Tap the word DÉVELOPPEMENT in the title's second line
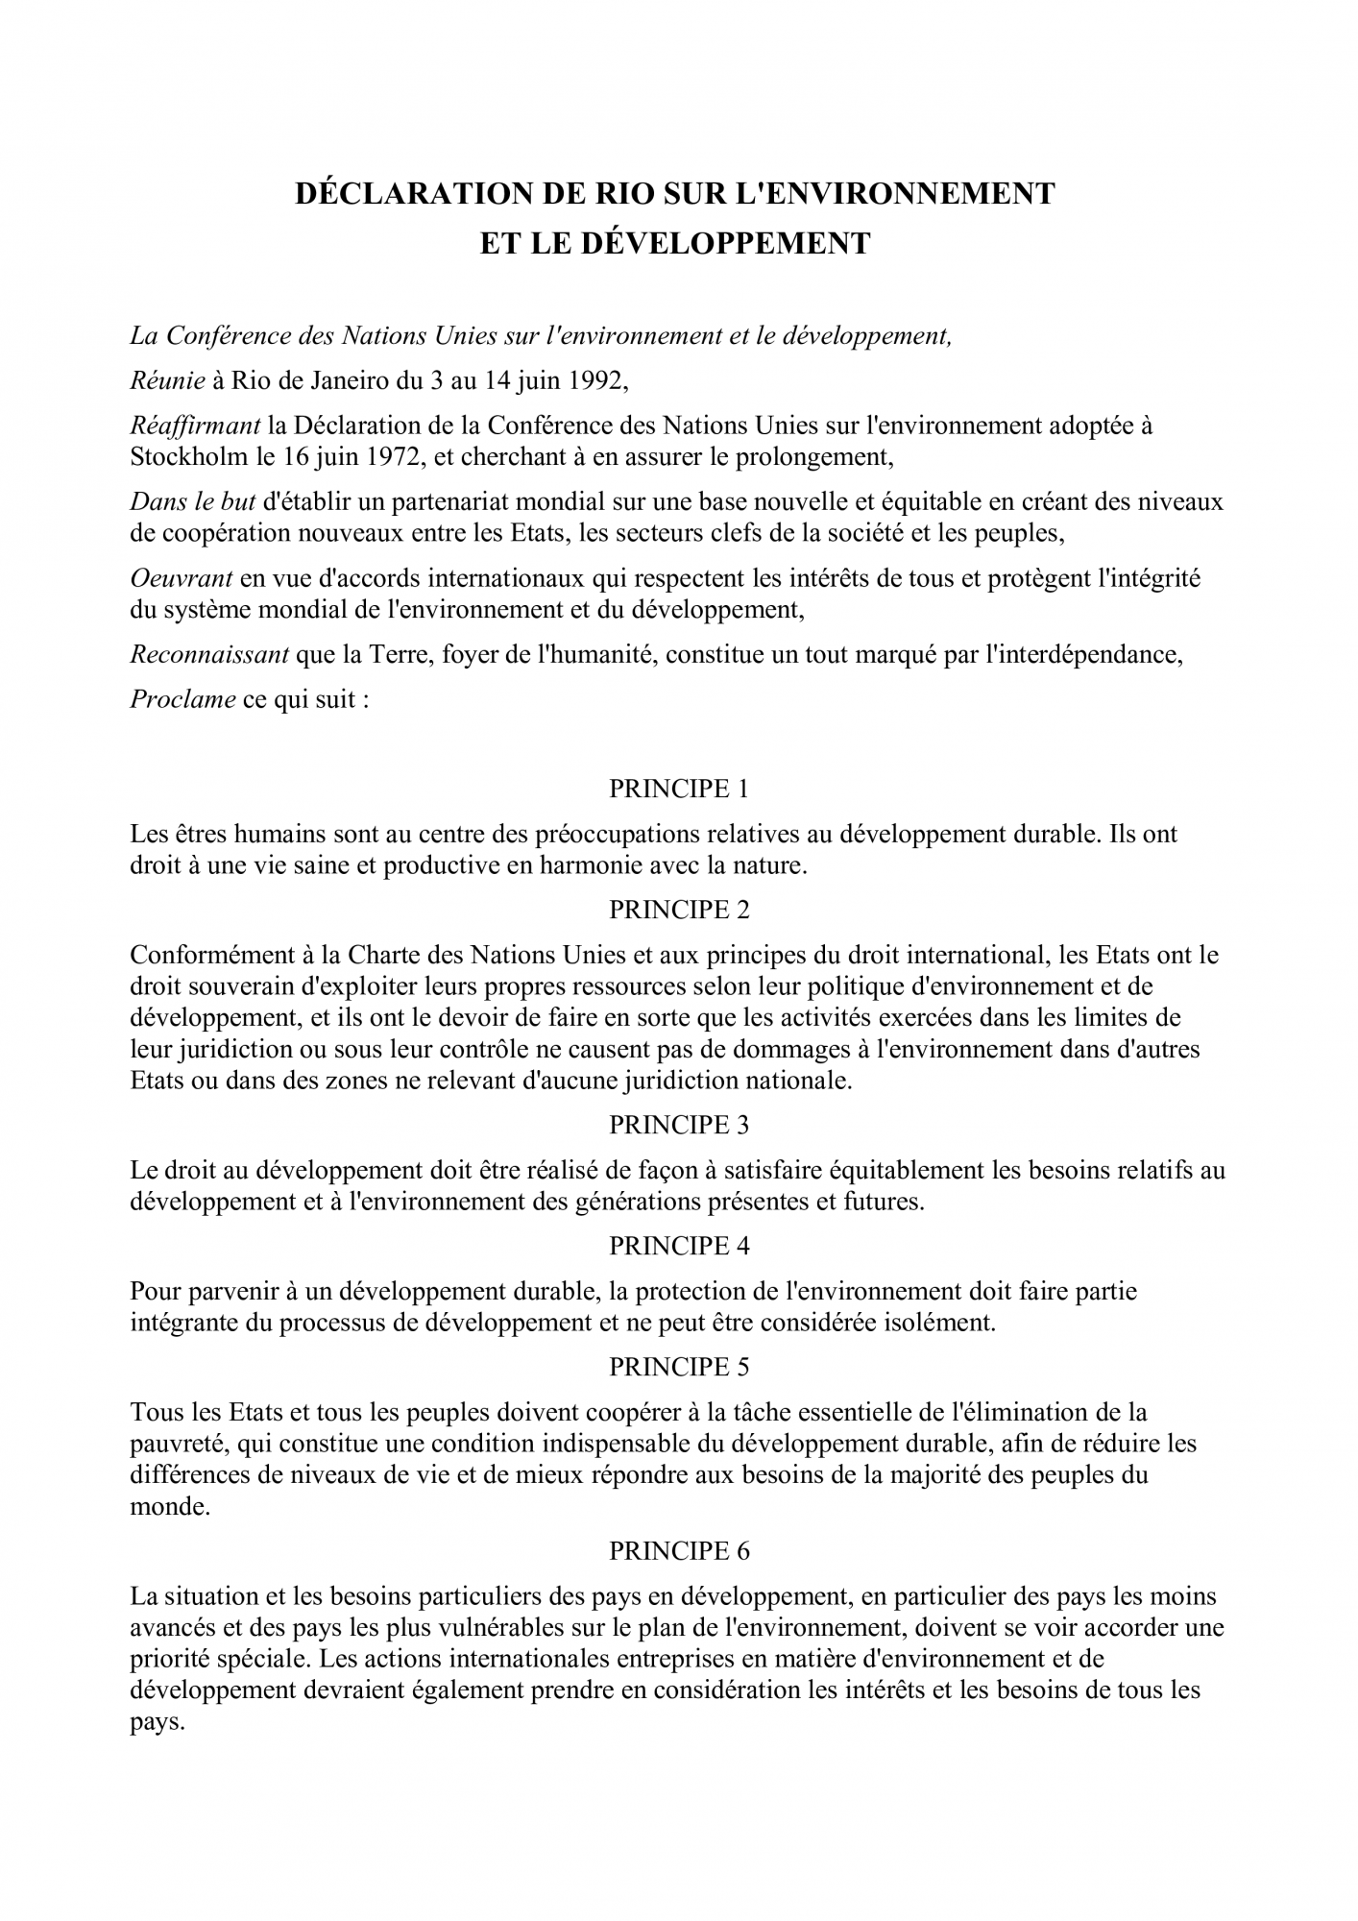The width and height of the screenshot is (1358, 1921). [x=726, y=243]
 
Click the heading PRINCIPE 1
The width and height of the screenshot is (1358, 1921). [x=678, y=789]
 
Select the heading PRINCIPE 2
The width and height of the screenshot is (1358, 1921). [x=678, y=909]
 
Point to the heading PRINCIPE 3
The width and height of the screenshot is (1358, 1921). [x=678, y=1125]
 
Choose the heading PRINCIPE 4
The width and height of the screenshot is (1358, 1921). [x=678, y=1246]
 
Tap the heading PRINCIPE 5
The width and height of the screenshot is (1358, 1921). [x=678, y=1367]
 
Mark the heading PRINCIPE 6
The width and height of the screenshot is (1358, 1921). [x=678, y=1550]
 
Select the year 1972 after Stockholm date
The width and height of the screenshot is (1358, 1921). [x=390, y=456]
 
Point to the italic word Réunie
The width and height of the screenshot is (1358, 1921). [x=167, y=381]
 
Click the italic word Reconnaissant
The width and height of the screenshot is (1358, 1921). [x=209, y=655]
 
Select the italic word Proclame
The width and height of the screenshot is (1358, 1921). [x=182, y=699]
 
